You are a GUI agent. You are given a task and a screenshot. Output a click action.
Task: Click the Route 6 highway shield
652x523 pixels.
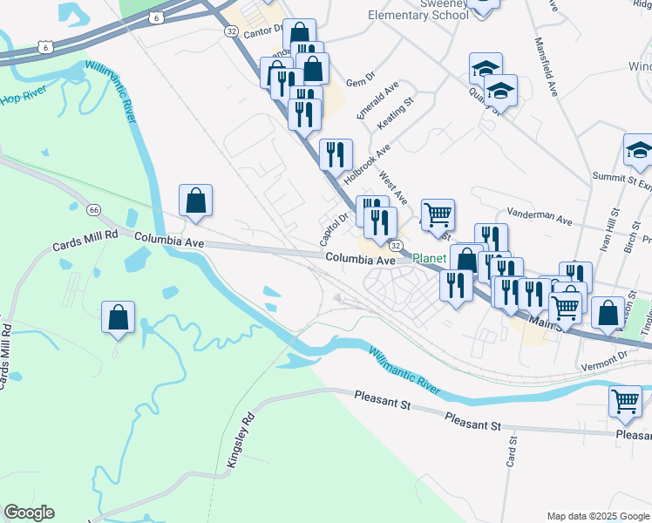click(x=155, y=17)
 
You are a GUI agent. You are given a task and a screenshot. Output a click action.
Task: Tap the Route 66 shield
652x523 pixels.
click(x=93, y=209)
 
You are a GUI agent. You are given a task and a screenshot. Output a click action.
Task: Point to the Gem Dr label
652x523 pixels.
click(x=359, y=83)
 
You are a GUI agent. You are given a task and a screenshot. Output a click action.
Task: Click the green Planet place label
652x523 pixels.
click(x=429, y=259)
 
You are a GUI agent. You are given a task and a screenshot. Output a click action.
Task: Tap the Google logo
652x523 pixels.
click(x=29, y=513)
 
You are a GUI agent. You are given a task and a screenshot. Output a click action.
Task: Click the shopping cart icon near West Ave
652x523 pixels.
click(x=438, y=213)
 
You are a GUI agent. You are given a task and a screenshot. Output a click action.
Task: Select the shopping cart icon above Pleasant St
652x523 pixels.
click(x=625, y=401)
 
